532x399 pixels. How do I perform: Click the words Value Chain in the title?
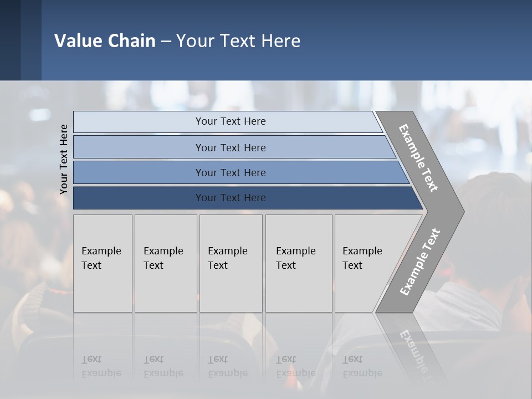tap(105, 41)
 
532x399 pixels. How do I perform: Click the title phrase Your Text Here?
tap(238, 41)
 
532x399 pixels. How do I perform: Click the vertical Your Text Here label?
tap(64, 159)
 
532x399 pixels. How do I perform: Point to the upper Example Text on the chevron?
tap(418, 158)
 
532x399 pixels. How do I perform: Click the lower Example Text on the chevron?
tap(420, 262)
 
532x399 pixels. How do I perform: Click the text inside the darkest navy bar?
tap(231, 198)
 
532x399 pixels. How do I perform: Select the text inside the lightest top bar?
tap(231, 121)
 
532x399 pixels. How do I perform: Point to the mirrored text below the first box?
tap(101, 367)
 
